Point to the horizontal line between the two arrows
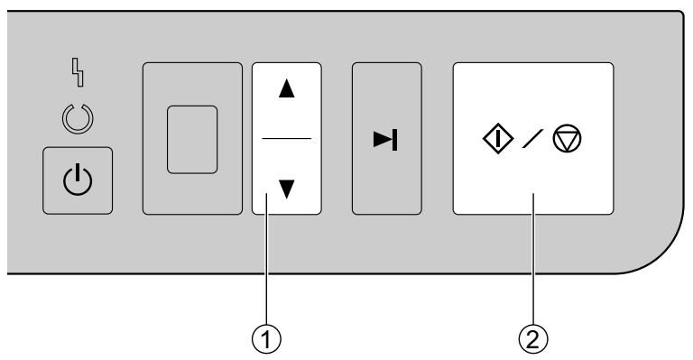point(287,138)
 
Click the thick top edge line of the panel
point(361,12)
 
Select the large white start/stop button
point(532,180)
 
